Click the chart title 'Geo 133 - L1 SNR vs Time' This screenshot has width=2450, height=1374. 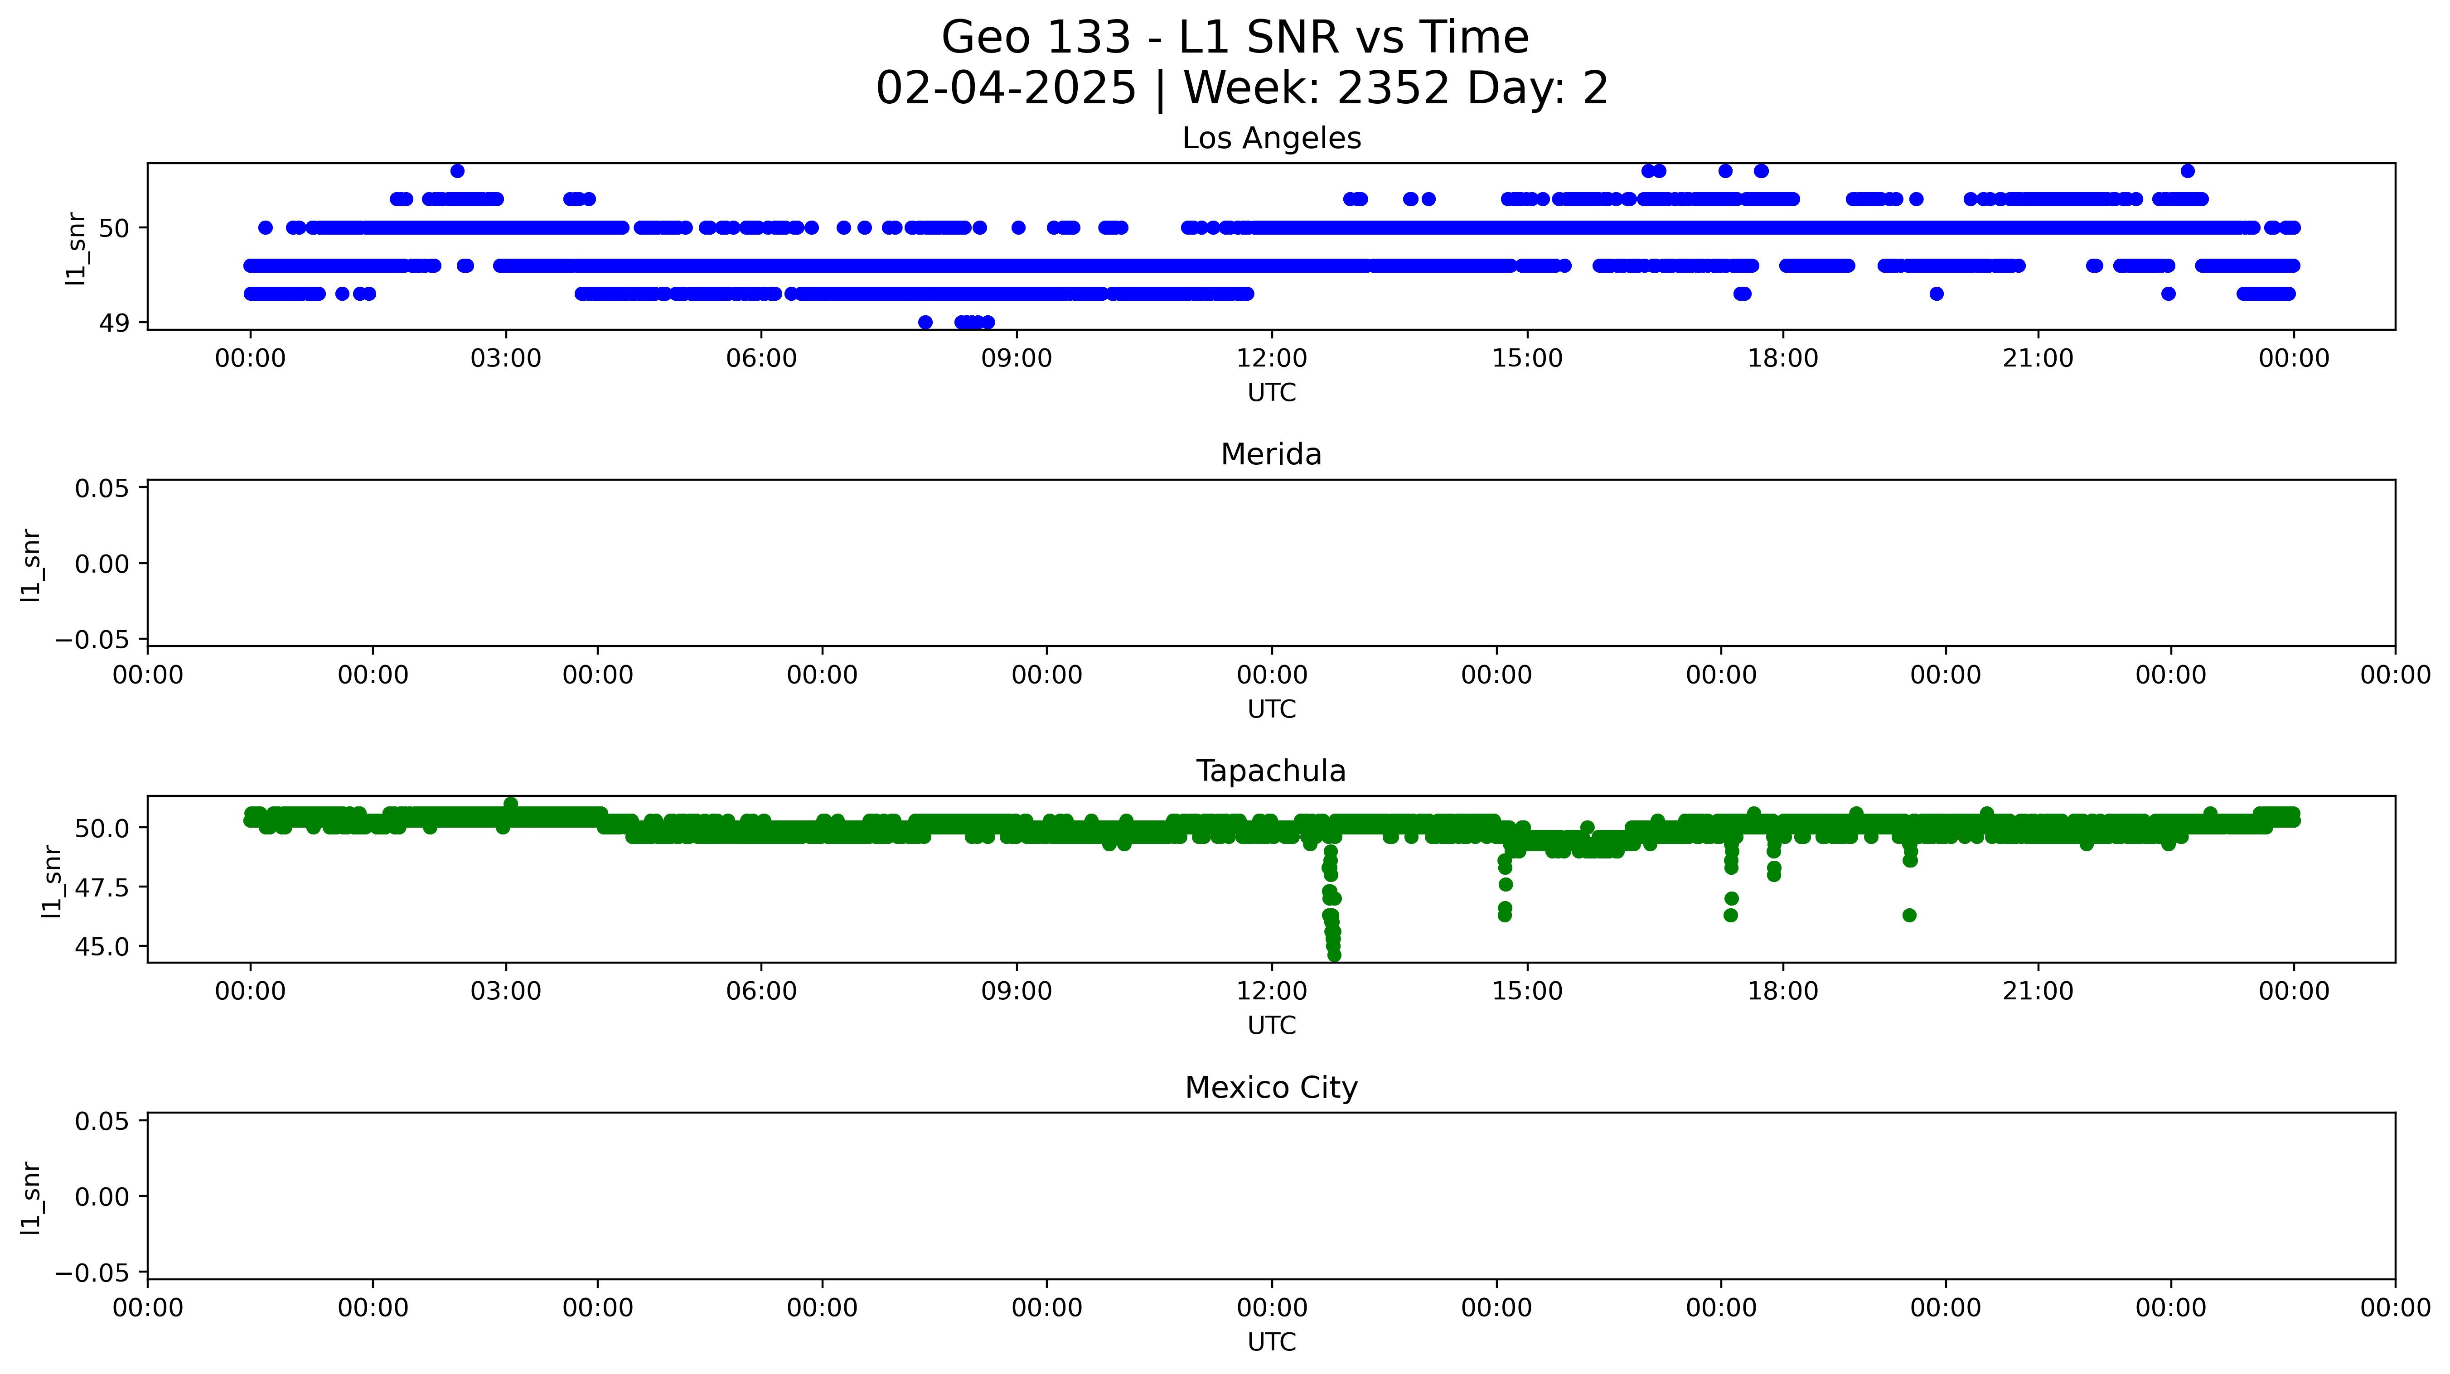click(1235, 38)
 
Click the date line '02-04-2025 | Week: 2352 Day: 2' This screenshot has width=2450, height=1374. click(1241, 88)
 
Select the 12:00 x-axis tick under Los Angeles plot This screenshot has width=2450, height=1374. click(1272, 358)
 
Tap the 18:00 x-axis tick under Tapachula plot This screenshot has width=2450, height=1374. click(1782, 992)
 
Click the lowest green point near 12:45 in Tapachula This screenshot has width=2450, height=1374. click(1334, 955)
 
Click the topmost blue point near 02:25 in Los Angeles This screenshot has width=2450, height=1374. click(457, 171)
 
